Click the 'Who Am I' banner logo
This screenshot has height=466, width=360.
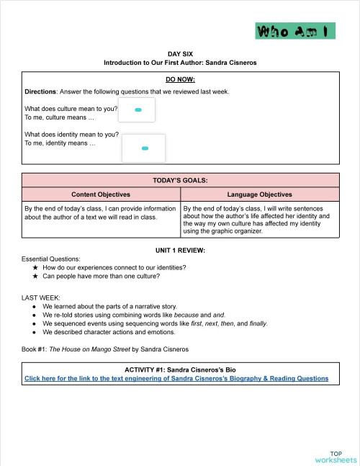(295, 31)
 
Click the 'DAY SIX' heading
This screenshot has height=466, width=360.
(181, 54)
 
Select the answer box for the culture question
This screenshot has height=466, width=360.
(137, 110)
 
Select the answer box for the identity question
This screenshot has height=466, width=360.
(144, 148)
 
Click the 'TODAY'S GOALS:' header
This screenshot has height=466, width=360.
(181, 181)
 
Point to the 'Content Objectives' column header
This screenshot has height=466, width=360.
(101, 194)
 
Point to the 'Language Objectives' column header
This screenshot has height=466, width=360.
(260, 194)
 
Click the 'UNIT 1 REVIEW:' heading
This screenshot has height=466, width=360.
(181, 250)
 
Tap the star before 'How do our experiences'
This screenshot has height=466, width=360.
(35, 267)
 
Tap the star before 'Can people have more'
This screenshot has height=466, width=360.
(35, 276)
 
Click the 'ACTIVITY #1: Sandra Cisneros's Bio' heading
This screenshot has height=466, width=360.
(181, 369)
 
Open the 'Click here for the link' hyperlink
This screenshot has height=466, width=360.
(176, 378)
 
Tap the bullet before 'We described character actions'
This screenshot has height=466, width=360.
(35, 332)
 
